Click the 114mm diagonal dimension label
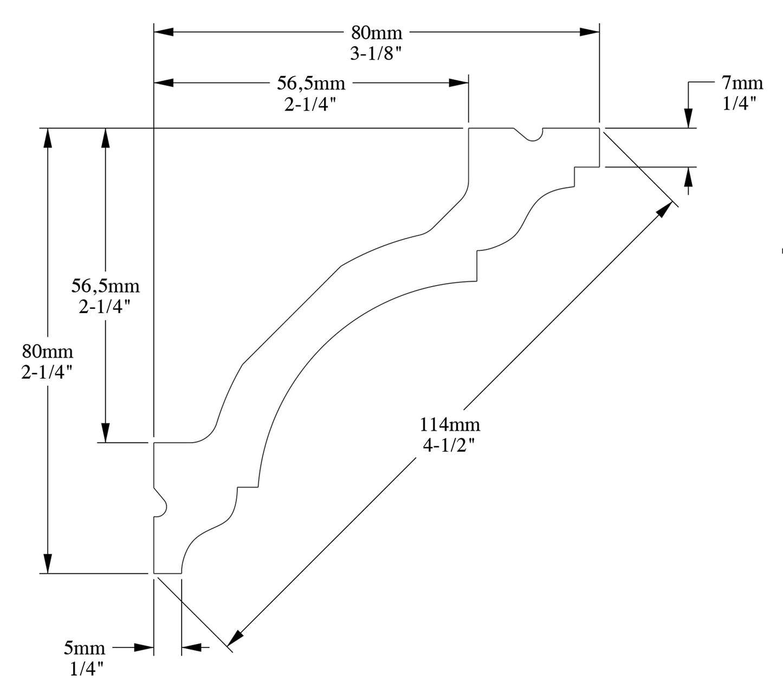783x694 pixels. (x=450, y=424)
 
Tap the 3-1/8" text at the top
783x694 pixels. (x=377, y=53)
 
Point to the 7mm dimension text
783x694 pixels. (x=742, y=83)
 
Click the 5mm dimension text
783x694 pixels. (x=85, y=647)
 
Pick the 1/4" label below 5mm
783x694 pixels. (x=87, y=670)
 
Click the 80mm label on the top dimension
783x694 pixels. (x=377, y=33)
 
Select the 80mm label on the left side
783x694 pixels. (x=47, y=352)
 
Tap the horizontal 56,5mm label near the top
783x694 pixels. (x=311, y=83)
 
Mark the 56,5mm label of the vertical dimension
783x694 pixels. (x=105, y=286)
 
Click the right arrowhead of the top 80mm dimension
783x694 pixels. (x=589, y=31)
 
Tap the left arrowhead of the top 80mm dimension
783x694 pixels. (x=164, y=31)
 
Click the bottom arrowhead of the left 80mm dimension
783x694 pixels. (x=48, y=563)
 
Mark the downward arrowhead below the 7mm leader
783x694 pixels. (x=688, y=119)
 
